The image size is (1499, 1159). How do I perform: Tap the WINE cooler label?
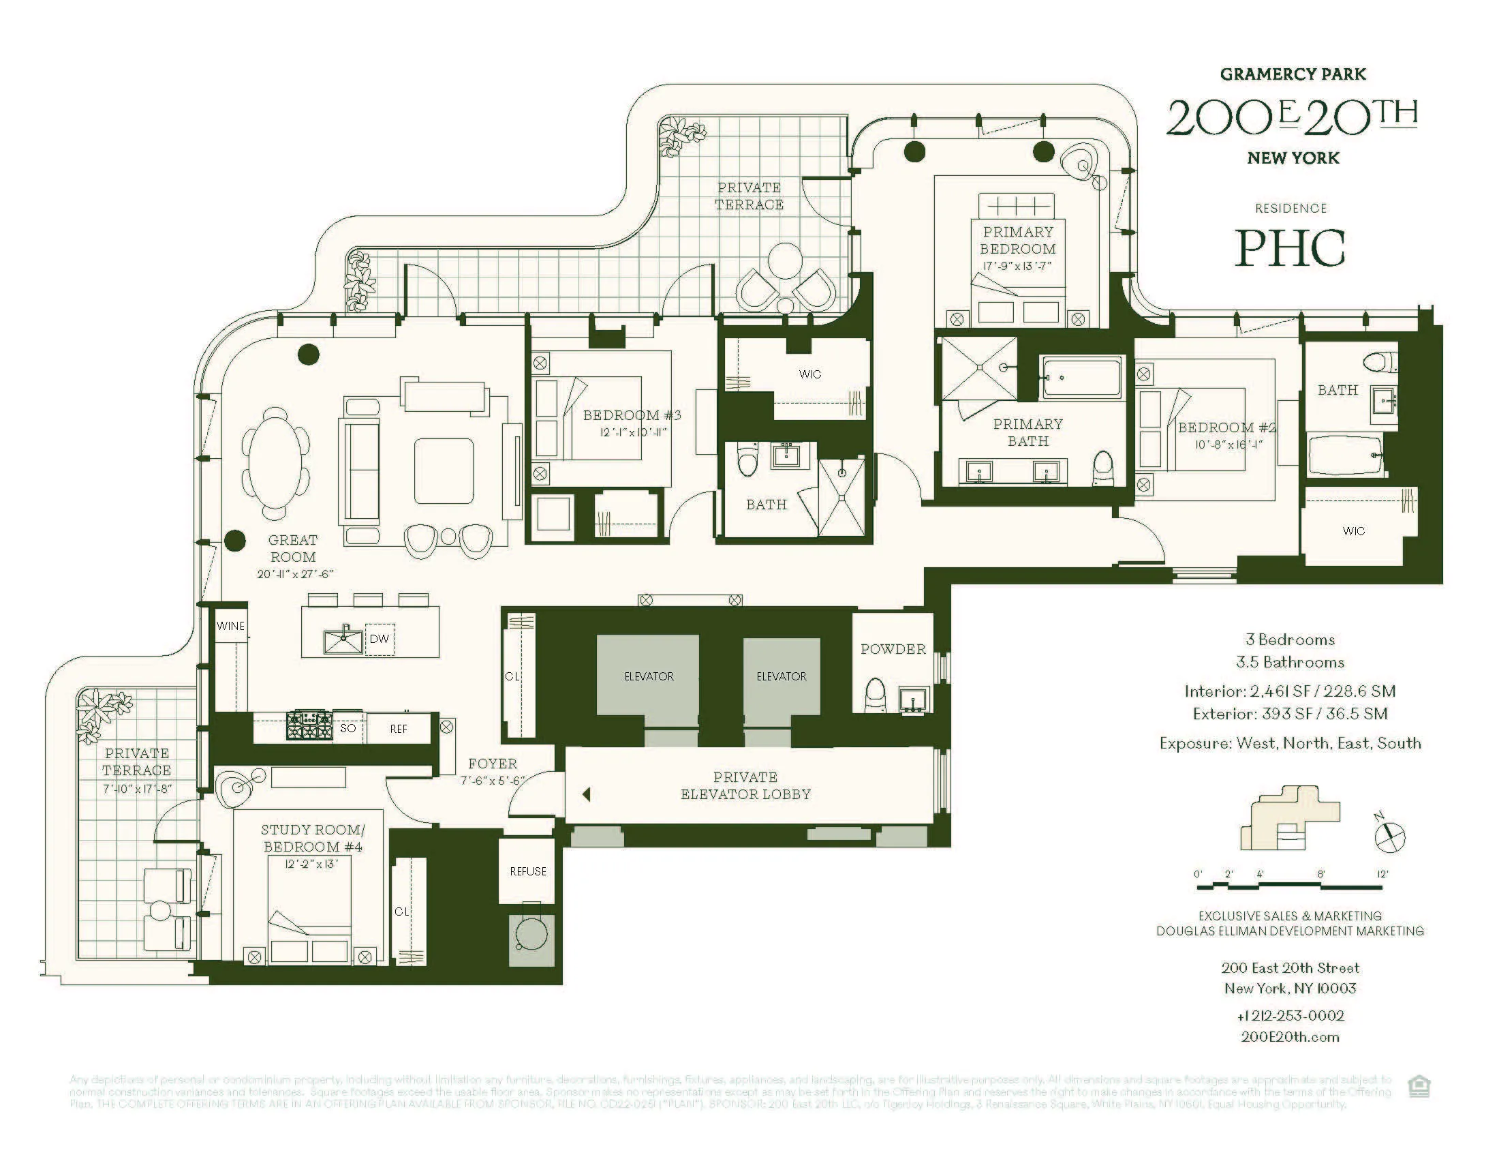(230, 625)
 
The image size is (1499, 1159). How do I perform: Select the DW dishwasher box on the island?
(379, 639)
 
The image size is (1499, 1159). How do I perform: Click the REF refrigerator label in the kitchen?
(398, 729)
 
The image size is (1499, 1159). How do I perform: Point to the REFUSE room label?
(527, 871)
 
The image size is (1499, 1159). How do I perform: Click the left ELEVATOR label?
(648, 676)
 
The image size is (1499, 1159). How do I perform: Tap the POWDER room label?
(893, 649)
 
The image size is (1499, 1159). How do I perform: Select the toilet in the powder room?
(874, 694)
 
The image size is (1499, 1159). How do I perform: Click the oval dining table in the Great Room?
(275, 464)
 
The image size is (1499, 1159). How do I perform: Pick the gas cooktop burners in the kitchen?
(309, 726)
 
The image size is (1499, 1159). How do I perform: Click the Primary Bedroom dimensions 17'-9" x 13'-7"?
(1017, 267)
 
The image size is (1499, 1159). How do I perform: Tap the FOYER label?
(492, 764)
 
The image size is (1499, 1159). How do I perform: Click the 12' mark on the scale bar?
(1382, 874)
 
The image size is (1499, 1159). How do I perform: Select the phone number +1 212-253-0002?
(1290, 1016)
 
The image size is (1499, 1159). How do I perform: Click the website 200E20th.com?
(1290, 1037)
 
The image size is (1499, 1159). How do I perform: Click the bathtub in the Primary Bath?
(1081, 378)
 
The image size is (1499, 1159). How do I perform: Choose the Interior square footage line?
(1290, 691)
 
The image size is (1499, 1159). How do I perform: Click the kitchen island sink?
(343, 642)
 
